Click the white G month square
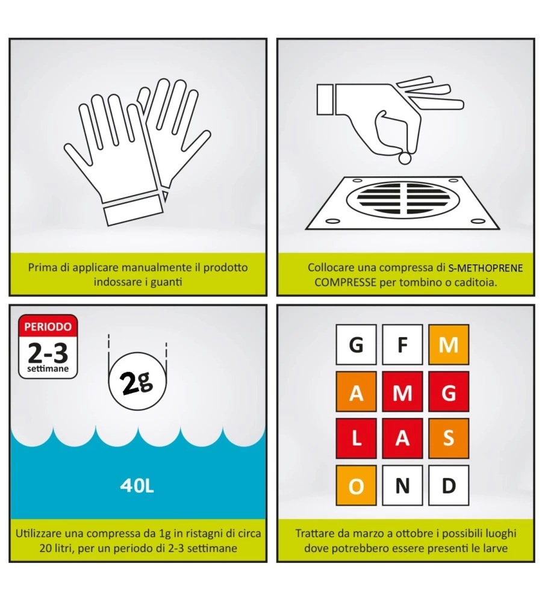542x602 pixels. pyautogui.click(x=356, y=344)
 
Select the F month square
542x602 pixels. pyautogui.click(x=402, y=344)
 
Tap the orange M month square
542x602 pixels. pyautogui.click(x=449, y=344)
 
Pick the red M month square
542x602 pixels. pyautogui.click(x=402, y=392)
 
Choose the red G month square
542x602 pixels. pyautogui.click(x=449, y=392)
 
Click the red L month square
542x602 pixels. pyautogui.click(x=356, y=438)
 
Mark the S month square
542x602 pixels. pyautogui.click(x=449, y=438)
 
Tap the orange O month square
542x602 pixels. pyautogui.click(x=356, y=485)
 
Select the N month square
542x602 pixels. pyautogui.click(x=402, y=485)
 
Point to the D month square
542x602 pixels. pyautogui.click(x=449, y=485)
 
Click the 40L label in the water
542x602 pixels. pyautogui.click(x=137, y=486)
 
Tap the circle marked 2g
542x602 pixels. pyautogui.click(x=137, y=381)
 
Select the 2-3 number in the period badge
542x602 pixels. pyautogui.click(x=48, y=353)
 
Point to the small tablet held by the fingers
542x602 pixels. pyautogui.click(x=405, y=158)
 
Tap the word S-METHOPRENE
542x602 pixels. pyautogui.click(x=485, y=268)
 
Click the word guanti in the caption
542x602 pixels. pyautogui.click(x=166, y=282)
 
